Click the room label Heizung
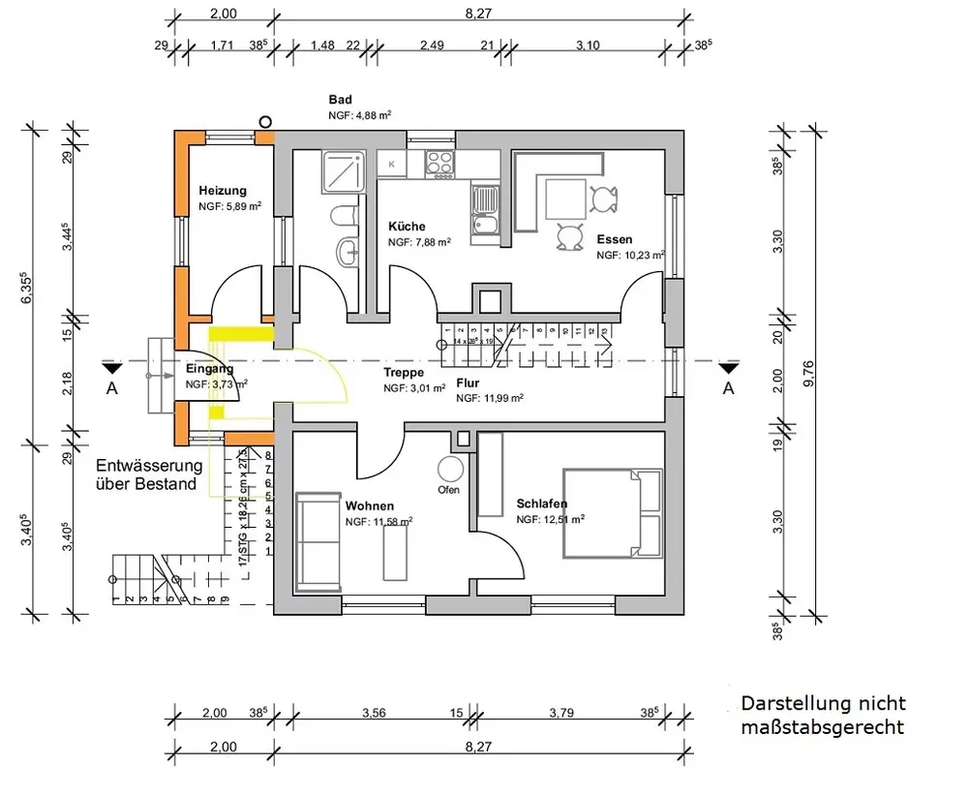(223, 191)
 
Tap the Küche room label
(407, 227)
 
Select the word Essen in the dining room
(615, 239)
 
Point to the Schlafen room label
(542, 504)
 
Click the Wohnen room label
(370, 505)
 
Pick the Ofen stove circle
(450, 470)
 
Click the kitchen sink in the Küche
(483, 214)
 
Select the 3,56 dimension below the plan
(374, 714)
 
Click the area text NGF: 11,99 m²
(490, 398)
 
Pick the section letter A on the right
(728, 388)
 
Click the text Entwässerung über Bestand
(147, 475)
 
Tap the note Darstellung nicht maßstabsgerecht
(823, 715)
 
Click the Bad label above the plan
(340, 100)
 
